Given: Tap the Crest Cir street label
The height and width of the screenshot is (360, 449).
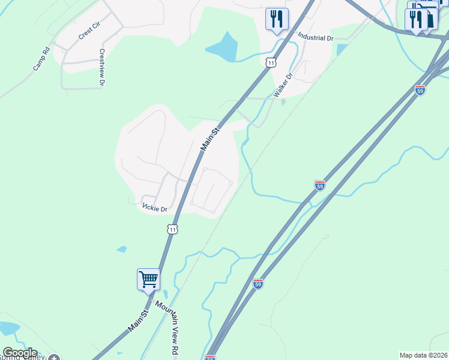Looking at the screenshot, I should (x=88, y=33).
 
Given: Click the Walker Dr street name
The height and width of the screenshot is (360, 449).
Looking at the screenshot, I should (x=282, y=85).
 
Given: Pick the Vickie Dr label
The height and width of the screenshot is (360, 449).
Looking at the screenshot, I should (x=155, y=208).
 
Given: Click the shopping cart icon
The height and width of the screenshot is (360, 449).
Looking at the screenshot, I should (x=148, y=279).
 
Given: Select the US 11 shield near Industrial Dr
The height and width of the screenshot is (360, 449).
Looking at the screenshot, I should (x=271, y=62).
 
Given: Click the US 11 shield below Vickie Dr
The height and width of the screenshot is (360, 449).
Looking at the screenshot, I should (x=173, y=229).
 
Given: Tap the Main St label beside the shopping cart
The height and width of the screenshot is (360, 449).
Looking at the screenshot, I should (x=137, y=322).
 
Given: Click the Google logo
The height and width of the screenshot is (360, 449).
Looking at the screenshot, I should (x=20, y=353).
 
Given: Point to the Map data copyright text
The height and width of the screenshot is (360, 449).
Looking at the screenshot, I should (x=423, y=355).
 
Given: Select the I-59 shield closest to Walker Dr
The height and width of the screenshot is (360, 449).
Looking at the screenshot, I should (x=420, y=90).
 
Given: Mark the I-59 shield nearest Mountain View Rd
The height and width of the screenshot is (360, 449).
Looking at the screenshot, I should (x=258, y=284).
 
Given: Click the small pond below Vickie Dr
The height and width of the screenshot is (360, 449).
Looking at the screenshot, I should (x=122, y=249).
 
